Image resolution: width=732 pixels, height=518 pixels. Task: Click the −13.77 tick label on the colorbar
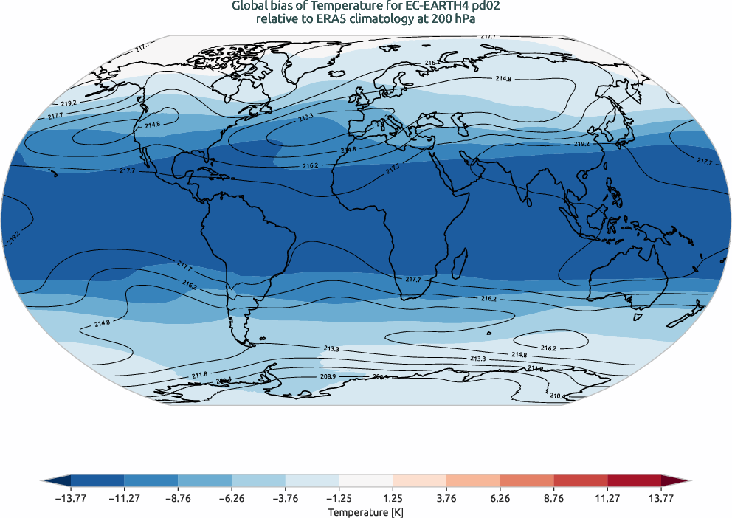pos(71,498)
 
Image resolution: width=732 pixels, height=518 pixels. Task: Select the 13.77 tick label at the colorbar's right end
pos(661,498)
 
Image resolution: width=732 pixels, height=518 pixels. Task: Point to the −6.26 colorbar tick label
pos(232,498)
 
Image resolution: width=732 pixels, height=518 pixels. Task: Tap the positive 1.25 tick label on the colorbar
pos(393,498)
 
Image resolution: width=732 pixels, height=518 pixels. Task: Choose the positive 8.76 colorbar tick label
pos(553,498)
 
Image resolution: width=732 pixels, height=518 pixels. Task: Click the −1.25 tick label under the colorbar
pos(339,498)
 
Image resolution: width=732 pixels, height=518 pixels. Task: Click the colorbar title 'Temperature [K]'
pos(366,511)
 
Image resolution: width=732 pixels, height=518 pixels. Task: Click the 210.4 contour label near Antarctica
pos(558,396)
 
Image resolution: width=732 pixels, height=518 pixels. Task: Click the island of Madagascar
pos(460,260)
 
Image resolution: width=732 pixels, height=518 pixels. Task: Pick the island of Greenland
pos(295,66)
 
